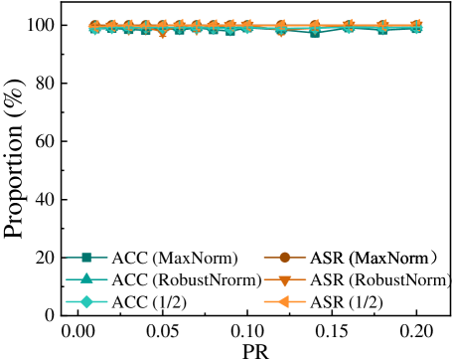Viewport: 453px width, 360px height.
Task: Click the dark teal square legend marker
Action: click(x=86, y=258)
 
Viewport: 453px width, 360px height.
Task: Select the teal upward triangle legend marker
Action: click(x=86, y=279)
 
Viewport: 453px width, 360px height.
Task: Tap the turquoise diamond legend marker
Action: click(x=86, y=301)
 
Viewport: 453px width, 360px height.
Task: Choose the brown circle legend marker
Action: click(x=284, y=258)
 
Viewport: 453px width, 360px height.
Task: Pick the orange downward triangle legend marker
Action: click(x=284, y=280)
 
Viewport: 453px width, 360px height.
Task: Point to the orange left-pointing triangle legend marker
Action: click(x=284, y=301)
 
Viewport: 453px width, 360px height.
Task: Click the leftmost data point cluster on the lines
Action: click(x=94, y=28)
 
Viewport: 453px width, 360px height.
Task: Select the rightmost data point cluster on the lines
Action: click(x=416, y=27)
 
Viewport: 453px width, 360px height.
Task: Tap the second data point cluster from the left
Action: click(x=111, y=28)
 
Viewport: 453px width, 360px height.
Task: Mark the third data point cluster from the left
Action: click(x=128, y=28)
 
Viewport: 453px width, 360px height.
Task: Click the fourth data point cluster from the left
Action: click(x=145, y=28)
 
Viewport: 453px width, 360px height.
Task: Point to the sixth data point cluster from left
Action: click(x=179, y=28)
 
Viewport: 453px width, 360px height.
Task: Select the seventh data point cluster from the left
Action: click(x=196, y=28)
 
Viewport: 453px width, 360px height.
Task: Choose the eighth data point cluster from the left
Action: click(x=213, y=28)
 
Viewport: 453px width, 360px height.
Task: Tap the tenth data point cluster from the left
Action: click(x=246, y=27)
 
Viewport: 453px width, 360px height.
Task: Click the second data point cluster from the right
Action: click(x=382, y=28)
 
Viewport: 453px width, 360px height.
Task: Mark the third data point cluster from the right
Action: click(x=349, y=27)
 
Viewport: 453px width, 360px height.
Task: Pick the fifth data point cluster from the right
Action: click(x=281, y=28)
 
